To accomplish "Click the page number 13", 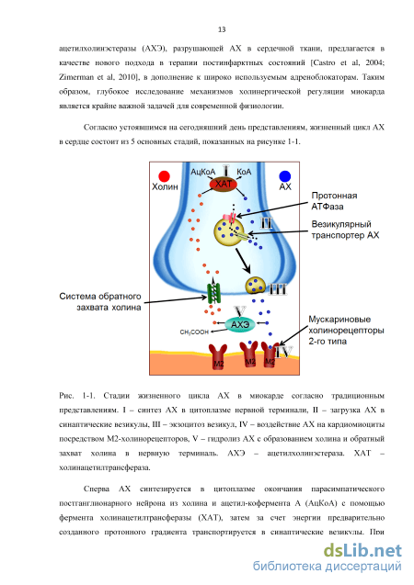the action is point(222,29).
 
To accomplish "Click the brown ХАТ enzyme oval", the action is point(224,184).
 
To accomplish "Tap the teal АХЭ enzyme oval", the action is point(240,324).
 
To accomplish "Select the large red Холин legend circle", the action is point(165,176).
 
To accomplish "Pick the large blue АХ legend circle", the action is point(284,176).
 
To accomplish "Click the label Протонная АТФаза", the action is point(334,201).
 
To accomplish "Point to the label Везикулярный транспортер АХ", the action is point(345,230).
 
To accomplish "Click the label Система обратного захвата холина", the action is point(100,302).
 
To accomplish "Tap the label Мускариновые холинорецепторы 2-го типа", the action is point(346,331).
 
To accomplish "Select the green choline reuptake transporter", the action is point(213,293).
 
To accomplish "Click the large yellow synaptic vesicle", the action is point(229,232).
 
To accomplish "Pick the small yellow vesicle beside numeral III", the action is point(256,286).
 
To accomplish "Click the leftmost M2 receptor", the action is point(218,357).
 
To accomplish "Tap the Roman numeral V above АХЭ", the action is point(240,311).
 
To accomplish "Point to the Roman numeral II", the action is point(267,223).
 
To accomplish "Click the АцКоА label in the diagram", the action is point(203,172).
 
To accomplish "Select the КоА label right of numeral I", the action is point(244,172).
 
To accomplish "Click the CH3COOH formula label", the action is point(194,332).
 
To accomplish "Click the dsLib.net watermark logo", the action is point(362,551).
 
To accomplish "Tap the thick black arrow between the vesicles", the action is point(243,261).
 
